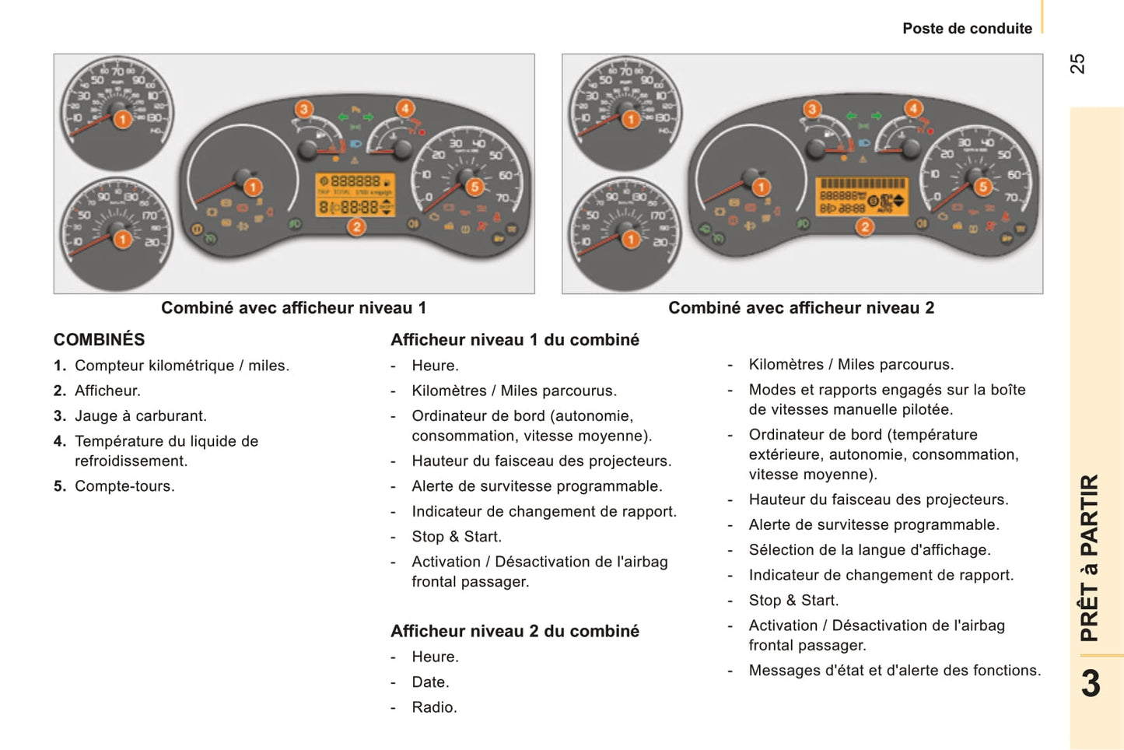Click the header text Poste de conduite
967,29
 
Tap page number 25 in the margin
1077,64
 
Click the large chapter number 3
1091,684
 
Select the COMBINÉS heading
99,340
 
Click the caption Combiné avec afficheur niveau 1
293,308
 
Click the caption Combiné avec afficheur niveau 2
801,308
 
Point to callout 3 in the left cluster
303,109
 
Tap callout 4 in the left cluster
404,108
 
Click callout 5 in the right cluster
983,187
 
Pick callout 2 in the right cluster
864,227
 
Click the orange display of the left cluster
355,195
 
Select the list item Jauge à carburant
140,416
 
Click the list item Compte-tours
124,486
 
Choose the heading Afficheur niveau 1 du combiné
514,340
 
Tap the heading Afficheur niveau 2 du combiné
514,631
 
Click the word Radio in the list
434,707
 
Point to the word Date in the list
430,682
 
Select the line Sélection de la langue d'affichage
869,550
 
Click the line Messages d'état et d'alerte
895,671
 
